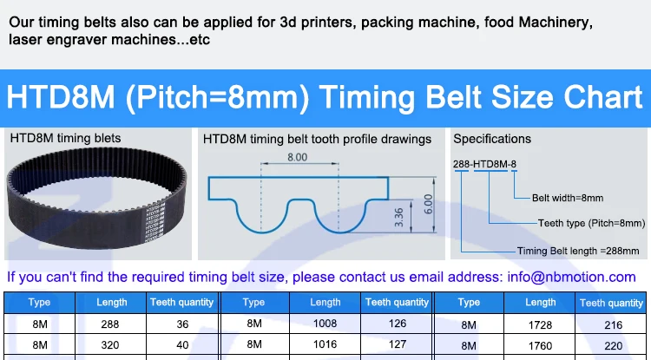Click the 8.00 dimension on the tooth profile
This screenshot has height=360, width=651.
(296, 157)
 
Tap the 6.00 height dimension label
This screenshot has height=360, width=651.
(428, 204)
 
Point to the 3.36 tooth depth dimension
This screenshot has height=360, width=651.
(398, 218)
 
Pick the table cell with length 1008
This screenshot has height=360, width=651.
(325, 324)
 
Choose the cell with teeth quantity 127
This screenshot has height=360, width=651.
(397, 344)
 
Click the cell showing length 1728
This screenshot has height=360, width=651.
(540, 324)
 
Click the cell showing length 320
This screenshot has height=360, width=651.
(111, 344)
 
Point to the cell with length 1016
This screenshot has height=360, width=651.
(325, 344)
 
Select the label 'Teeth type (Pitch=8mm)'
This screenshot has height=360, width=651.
(591, 223)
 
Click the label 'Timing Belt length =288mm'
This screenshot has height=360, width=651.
(577, 251)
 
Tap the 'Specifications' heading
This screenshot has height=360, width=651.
(492, 139)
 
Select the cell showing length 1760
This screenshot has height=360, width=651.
(540, 344)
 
